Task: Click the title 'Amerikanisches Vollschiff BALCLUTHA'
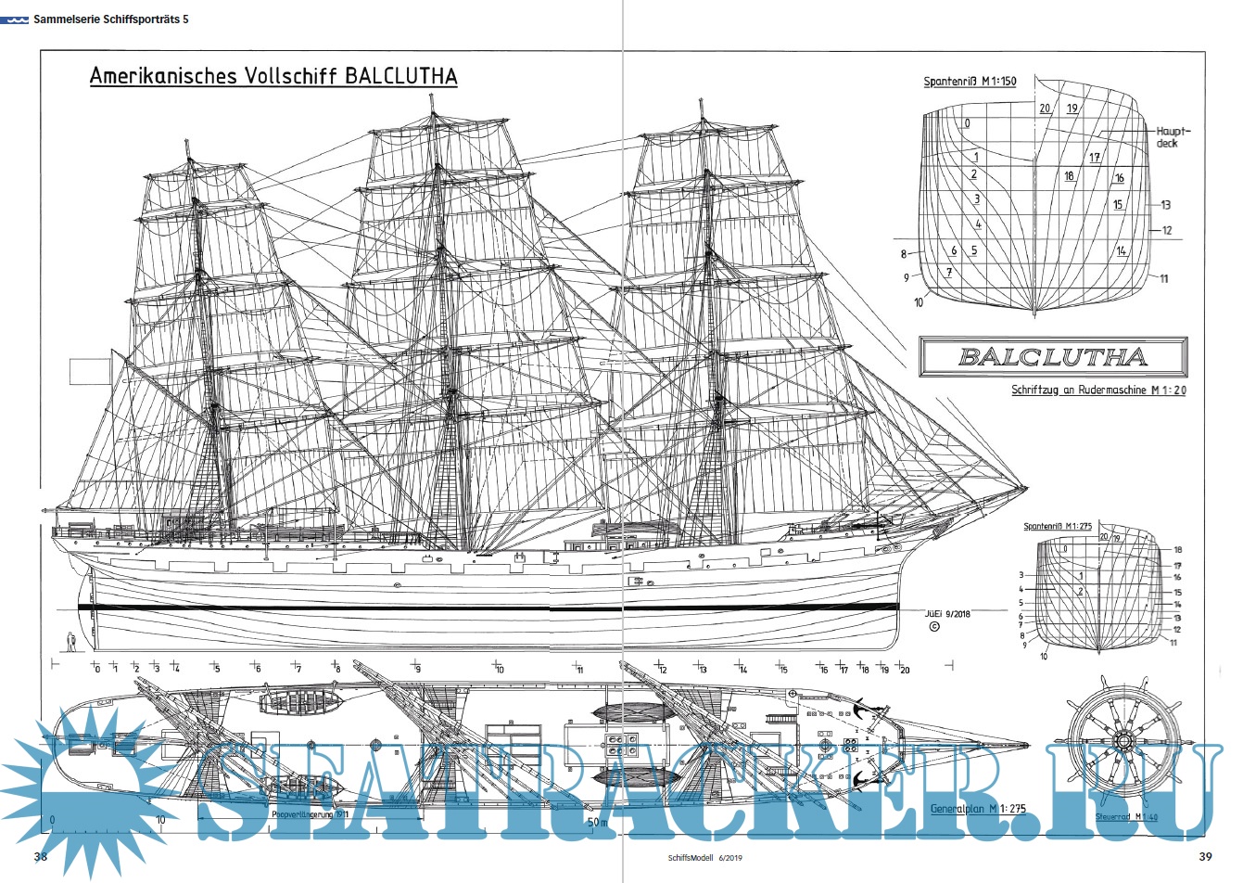coord(273,76)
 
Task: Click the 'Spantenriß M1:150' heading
coord(970,82)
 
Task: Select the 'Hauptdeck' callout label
coord(1173,137)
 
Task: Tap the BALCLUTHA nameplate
coord(1052,357)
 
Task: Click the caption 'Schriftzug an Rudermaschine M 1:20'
coord(1098,390)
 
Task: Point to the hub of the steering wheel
coord(1124,741)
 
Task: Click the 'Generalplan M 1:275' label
coord(977,809)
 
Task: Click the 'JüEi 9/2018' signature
coord(947,613)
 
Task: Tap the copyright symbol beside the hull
coord(933,627)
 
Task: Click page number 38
coord(40,856)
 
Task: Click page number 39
coord(1205,856)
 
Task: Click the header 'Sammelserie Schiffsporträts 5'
coord(110,19)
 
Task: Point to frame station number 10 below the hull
coord(499,669)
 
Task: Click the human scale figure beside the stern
coord(70,640)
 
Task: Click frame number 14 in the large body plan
coord(1122,251)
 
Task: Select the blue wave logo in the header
coord(15,19)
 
